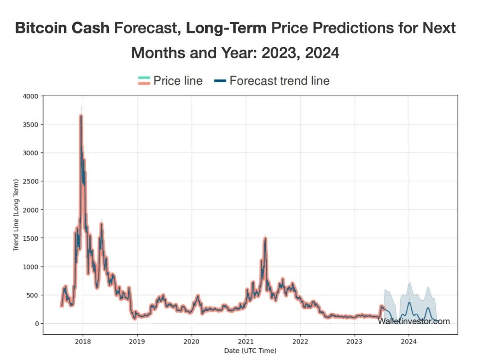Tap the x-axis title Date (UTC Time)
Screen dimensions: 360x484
click(x=250, y=351)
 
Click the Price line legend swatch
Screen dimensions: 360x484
click(x=144, y=81)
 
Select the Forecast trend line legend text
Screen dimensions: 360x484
click(x=279, y=81)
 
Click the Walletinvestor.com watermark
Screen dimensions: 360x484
click(x=414, y=321)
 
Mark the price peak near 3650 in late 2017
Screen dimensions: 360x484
click(x=81, y=116)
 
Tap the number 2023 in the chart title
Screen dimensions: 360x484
click(x=280, y=53)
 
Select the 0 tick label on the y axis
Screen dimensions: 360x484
click(x=36, y=323)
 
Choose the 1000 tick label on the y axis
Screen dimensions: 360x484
click(x=32, y=266)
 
